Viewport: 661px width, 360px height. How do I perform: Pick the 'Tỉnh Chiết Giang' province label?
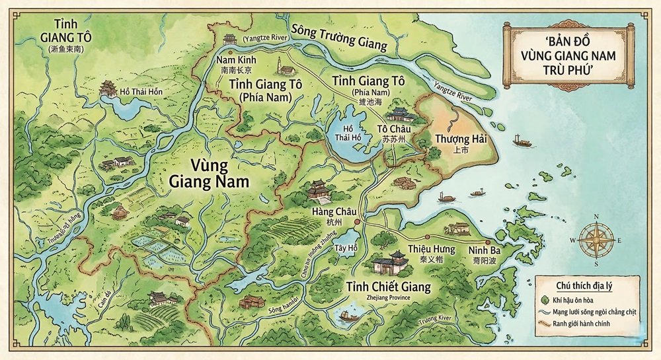(x=388, y=287)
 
